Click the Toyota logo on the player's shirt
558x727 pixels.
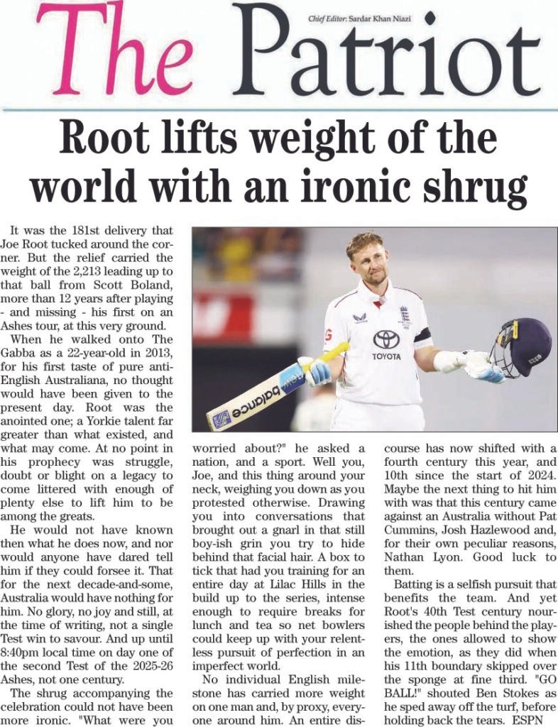click(x=385, y=340)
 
